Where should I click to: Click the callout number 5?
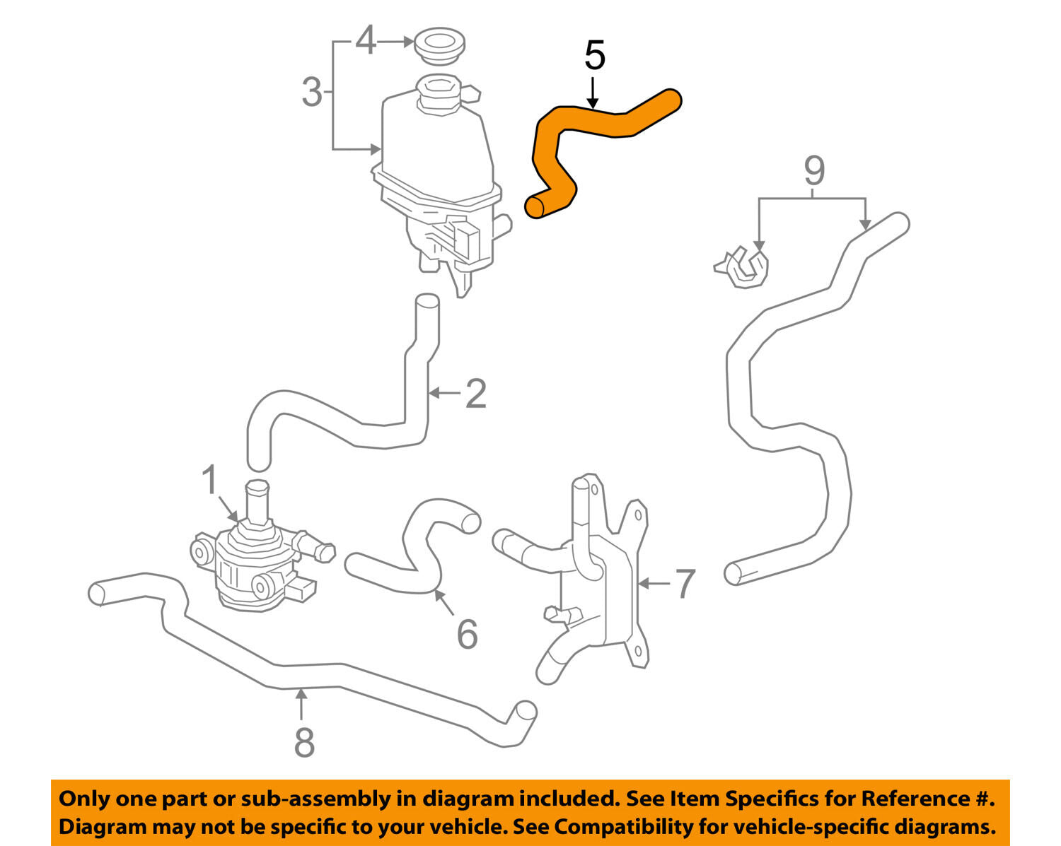(595, 56)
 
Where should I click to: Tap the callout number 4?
(365, 41)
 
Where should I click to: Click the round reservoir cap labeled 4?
(439, 45)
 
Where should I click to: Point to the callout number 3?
(312, 93)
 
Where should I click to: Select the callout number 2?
(476, 394)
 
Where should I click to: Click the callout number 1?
(209, 481)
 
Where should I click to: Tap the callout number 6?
(467, 634)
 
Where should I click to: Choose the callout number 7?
(685, 584)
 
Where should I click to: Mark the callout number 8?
(304, 742)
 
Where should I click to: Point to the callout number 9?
(814, 170)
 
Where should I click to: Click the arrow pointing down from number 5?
(593, 92)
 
